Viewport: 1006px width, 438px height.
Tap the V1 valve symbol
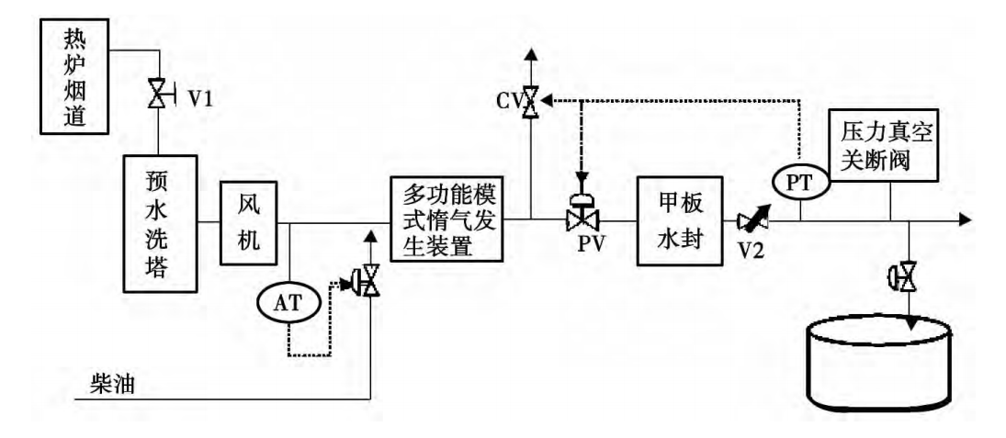pos(157,95)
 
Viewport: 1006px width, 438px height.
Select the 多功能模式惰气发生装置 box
pos(446,219)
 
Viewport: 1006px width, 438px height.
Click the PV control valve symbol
pos(581,219)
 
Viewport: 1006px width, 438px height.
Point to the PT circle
pos(801,182)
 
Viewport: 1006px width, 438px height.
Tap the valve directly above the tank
pos(909,275)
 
